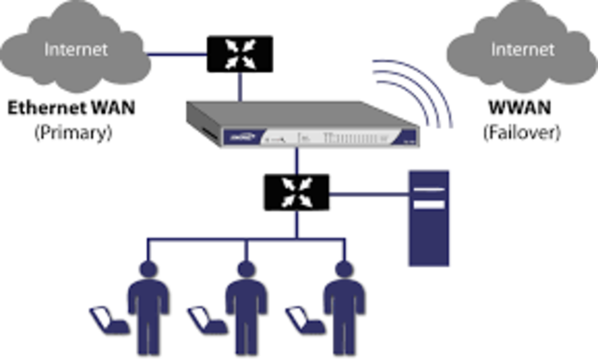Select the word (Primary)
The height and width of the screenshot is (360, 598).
[73, 133]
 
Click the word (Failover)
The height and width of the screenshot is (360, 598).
[520, 133]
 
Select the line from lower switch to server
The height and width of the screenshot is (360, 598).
[369, 195]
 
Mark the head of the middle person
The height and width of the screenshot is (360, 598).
[246, 270]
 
